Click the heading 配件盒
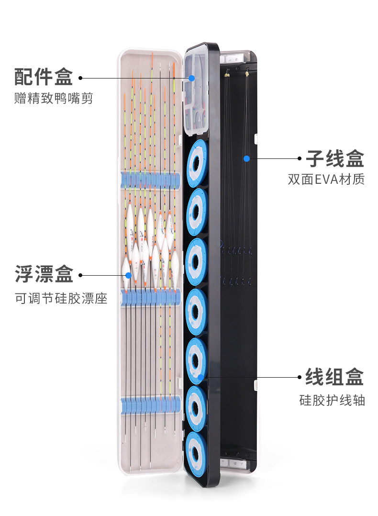coord(44,77)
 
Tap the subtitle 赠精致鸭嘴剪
coord(54,99)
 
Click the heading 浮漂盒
coord(44,275)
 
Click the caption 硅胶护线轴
coord(333,400)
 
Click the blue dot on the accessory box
coord(191,78)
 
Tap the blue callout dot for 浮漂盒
coord(128,275)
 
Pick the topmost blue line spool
coord(196,164)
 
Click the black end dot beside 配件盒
coord(80,78)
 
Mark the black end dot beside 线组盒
coord(300,377)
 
